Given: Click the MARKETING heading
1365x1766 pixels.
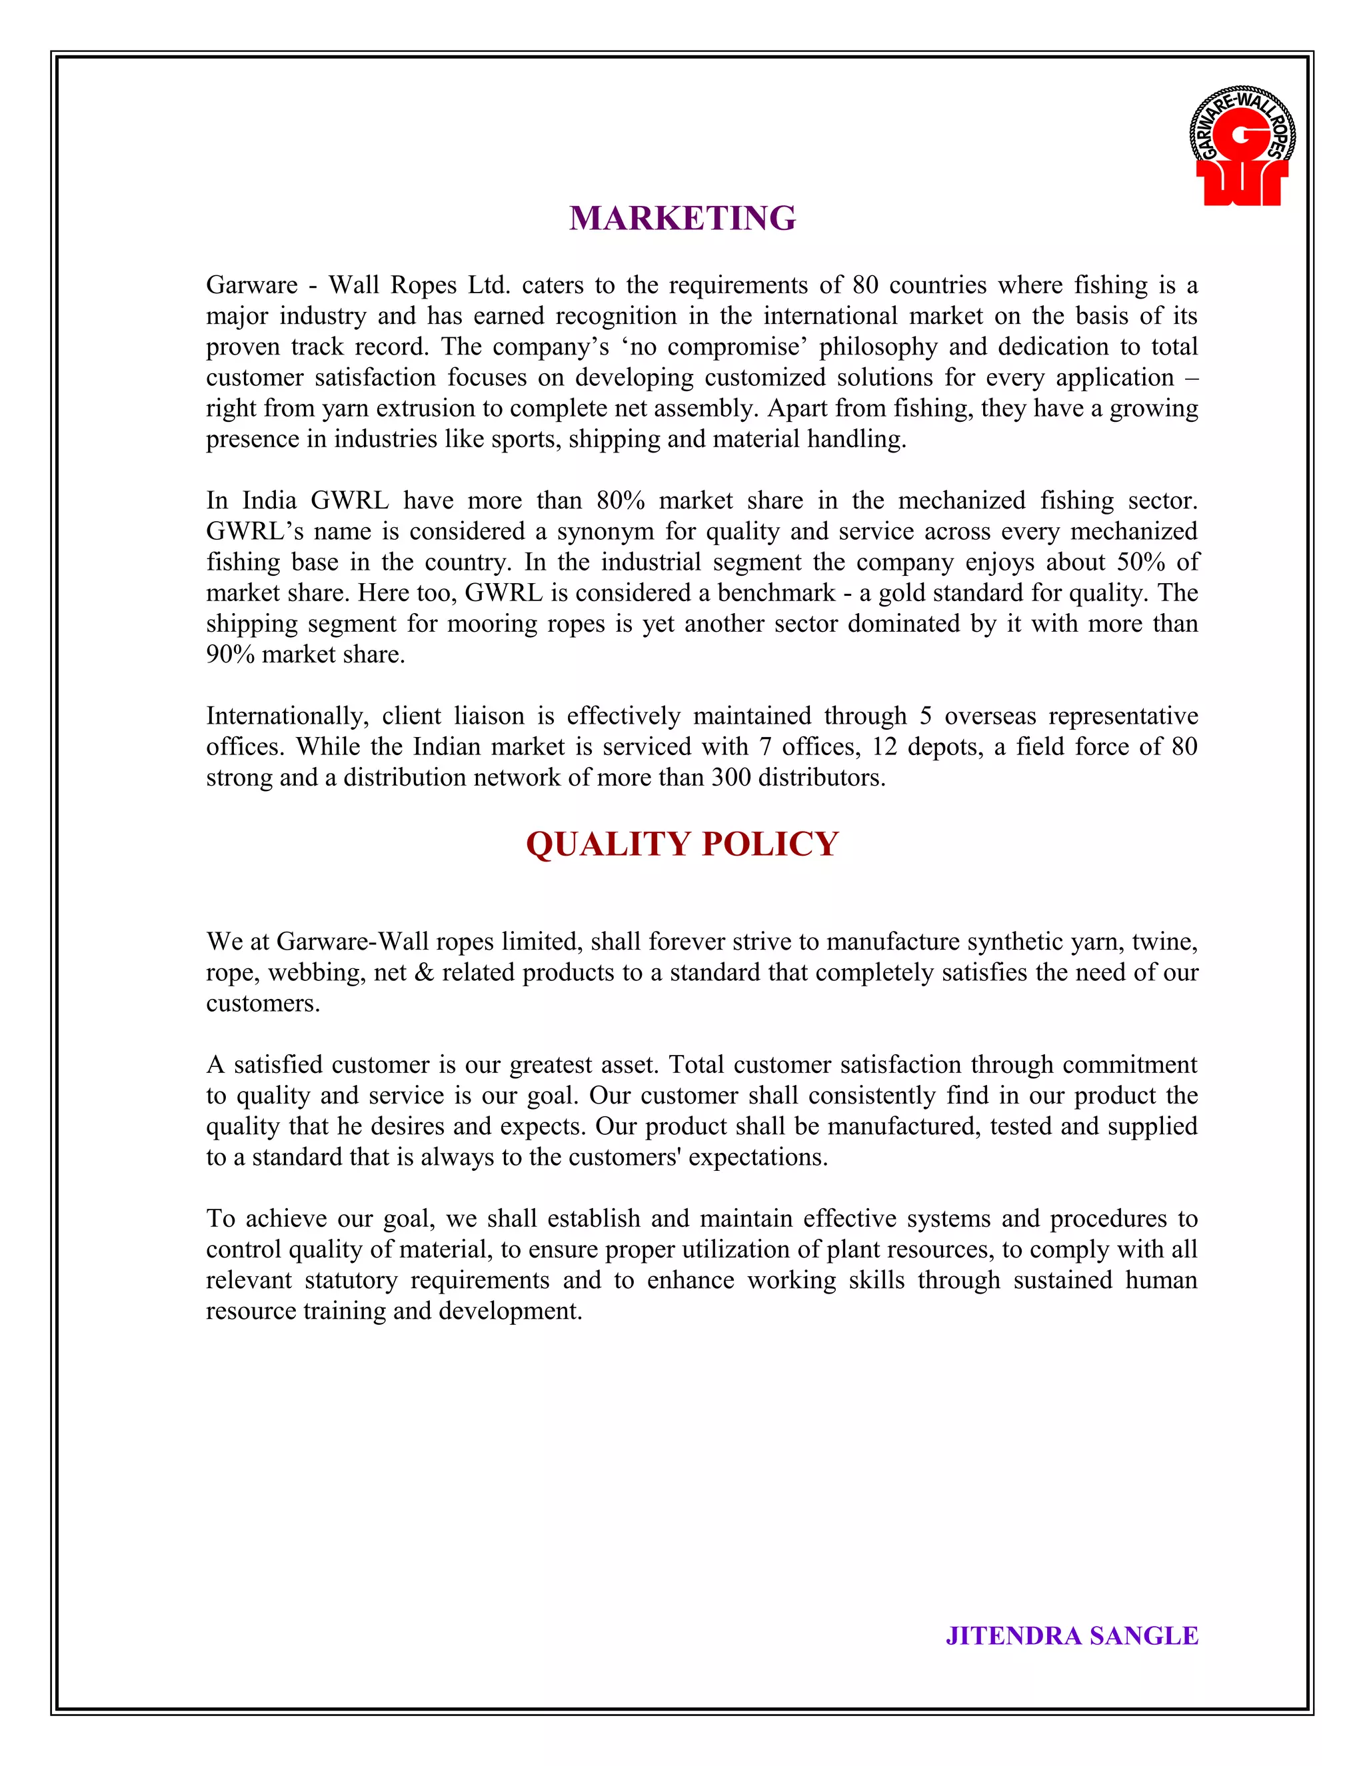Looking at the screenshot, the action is [x=682, y=219].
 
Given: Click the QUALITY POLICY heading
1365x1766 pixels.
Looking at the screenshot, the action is [x=682, y=844].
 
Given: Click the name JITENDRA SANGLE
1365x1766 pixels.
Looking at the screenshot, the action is [x=1072, y=1635].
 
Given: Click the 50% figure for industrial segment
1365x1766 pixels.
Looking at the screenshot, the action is [x=1140, y=562].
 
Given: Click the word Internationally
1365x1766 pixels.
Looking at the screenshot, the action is [x=287, y=716].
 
